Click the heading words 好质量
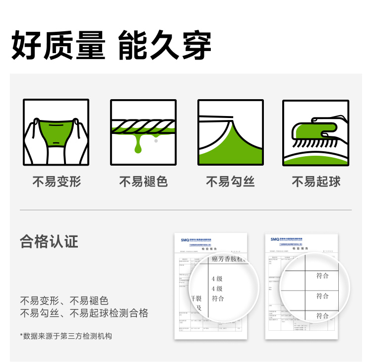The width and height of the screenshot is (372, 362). click(59, 46)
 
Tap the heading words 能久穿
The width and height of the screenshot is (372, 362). click(165, 46)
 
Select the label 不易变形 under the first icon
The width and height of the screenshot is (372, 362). click(57, 182)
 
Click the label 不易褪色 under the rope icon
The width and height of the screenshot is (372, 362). click(143, 182)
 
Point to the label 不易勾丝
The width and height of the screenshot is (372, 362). click(230, 182)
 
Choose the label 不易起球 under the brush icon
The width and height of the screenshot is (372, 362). click(316, 182)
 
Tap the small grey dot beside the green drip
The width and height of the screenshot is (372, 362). click(156, 141)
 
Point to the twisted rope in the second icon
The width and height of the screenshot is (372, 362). click(143, 126)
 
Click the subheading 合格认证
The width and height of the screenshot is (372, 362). click(49, 242)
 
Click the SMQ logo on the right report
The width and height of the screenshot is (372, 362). click(275, 239)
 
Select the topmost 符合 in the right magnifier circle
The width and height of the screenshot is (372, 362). click(322, 276)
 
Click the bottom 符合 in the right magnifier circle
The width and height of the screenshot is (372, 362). click(322, 315)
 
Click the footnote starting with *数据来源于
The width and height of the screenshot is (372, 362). click(66, 336)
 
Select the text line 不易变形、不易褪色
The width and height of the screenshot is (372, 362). click(64, 301)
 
